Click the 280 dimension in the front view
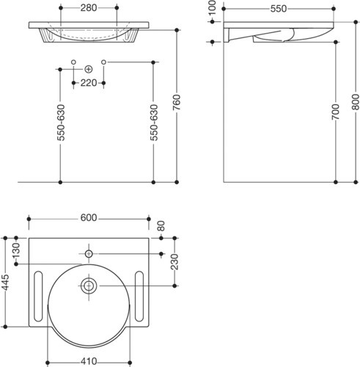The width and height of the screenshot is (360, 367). pos(89,8)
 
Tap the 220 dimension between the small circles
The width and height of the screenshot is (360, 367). pos(89,83)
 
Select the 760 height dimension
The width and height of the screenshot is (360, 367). pos(177,102)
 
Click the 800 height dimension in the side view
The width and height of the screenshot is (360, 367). pos(356,102)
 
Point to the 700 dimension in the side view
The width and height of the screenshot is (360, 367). pos(336,112)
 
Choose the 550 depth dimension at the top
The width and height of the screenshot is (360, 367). pos(279,9)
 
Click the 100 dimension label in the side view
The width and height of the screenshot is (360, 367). pos(213,8)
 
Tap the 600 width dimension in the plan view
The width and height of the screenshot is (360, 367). pos(89,217)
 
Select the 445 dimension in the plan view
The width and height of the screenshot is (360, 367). pos(5,283)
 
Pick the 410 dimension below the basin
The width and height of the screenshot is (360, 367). pos(89,361)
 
